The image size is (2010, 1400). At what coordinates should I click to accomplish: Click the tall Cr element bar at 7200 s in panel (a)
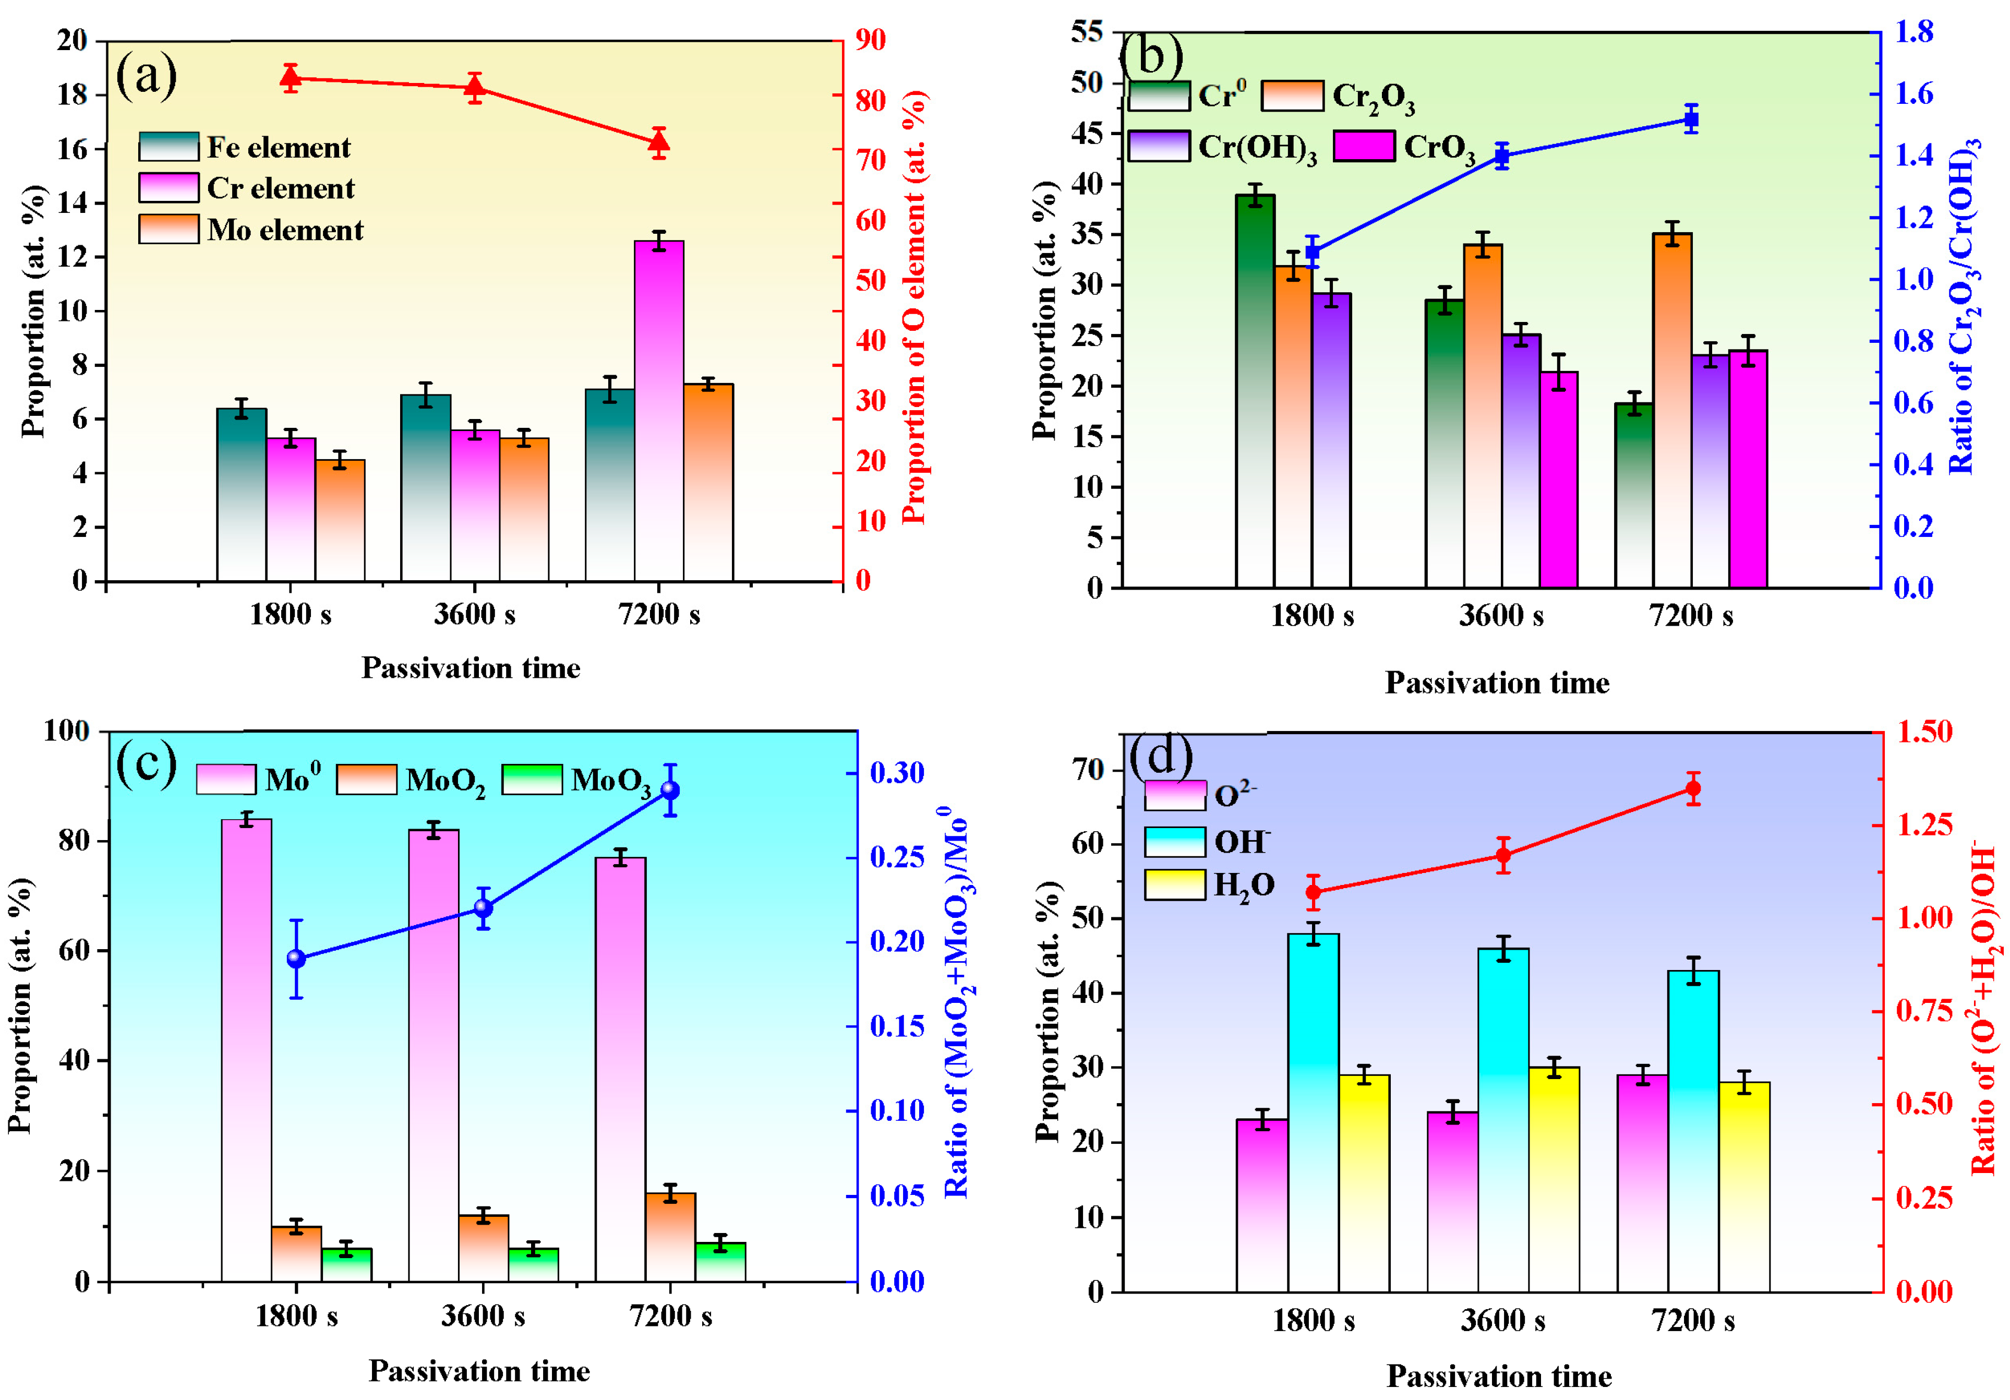click(658, 412)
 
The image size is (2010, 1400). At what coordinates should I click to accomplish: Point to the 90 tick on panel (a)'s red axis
click(869, 40)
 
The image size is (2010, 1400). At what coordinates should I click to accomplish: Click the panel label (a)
click(146, 75)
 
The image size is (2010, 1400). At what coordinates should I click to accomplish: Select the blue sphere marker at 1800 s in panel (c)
click(296, 959)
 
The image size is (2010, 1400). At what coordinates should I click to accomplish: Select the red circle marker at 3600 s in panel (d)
click(1503, 855)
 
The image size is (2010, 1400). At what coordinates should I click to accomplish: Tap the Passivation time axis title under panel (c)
click(479, 1370)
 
